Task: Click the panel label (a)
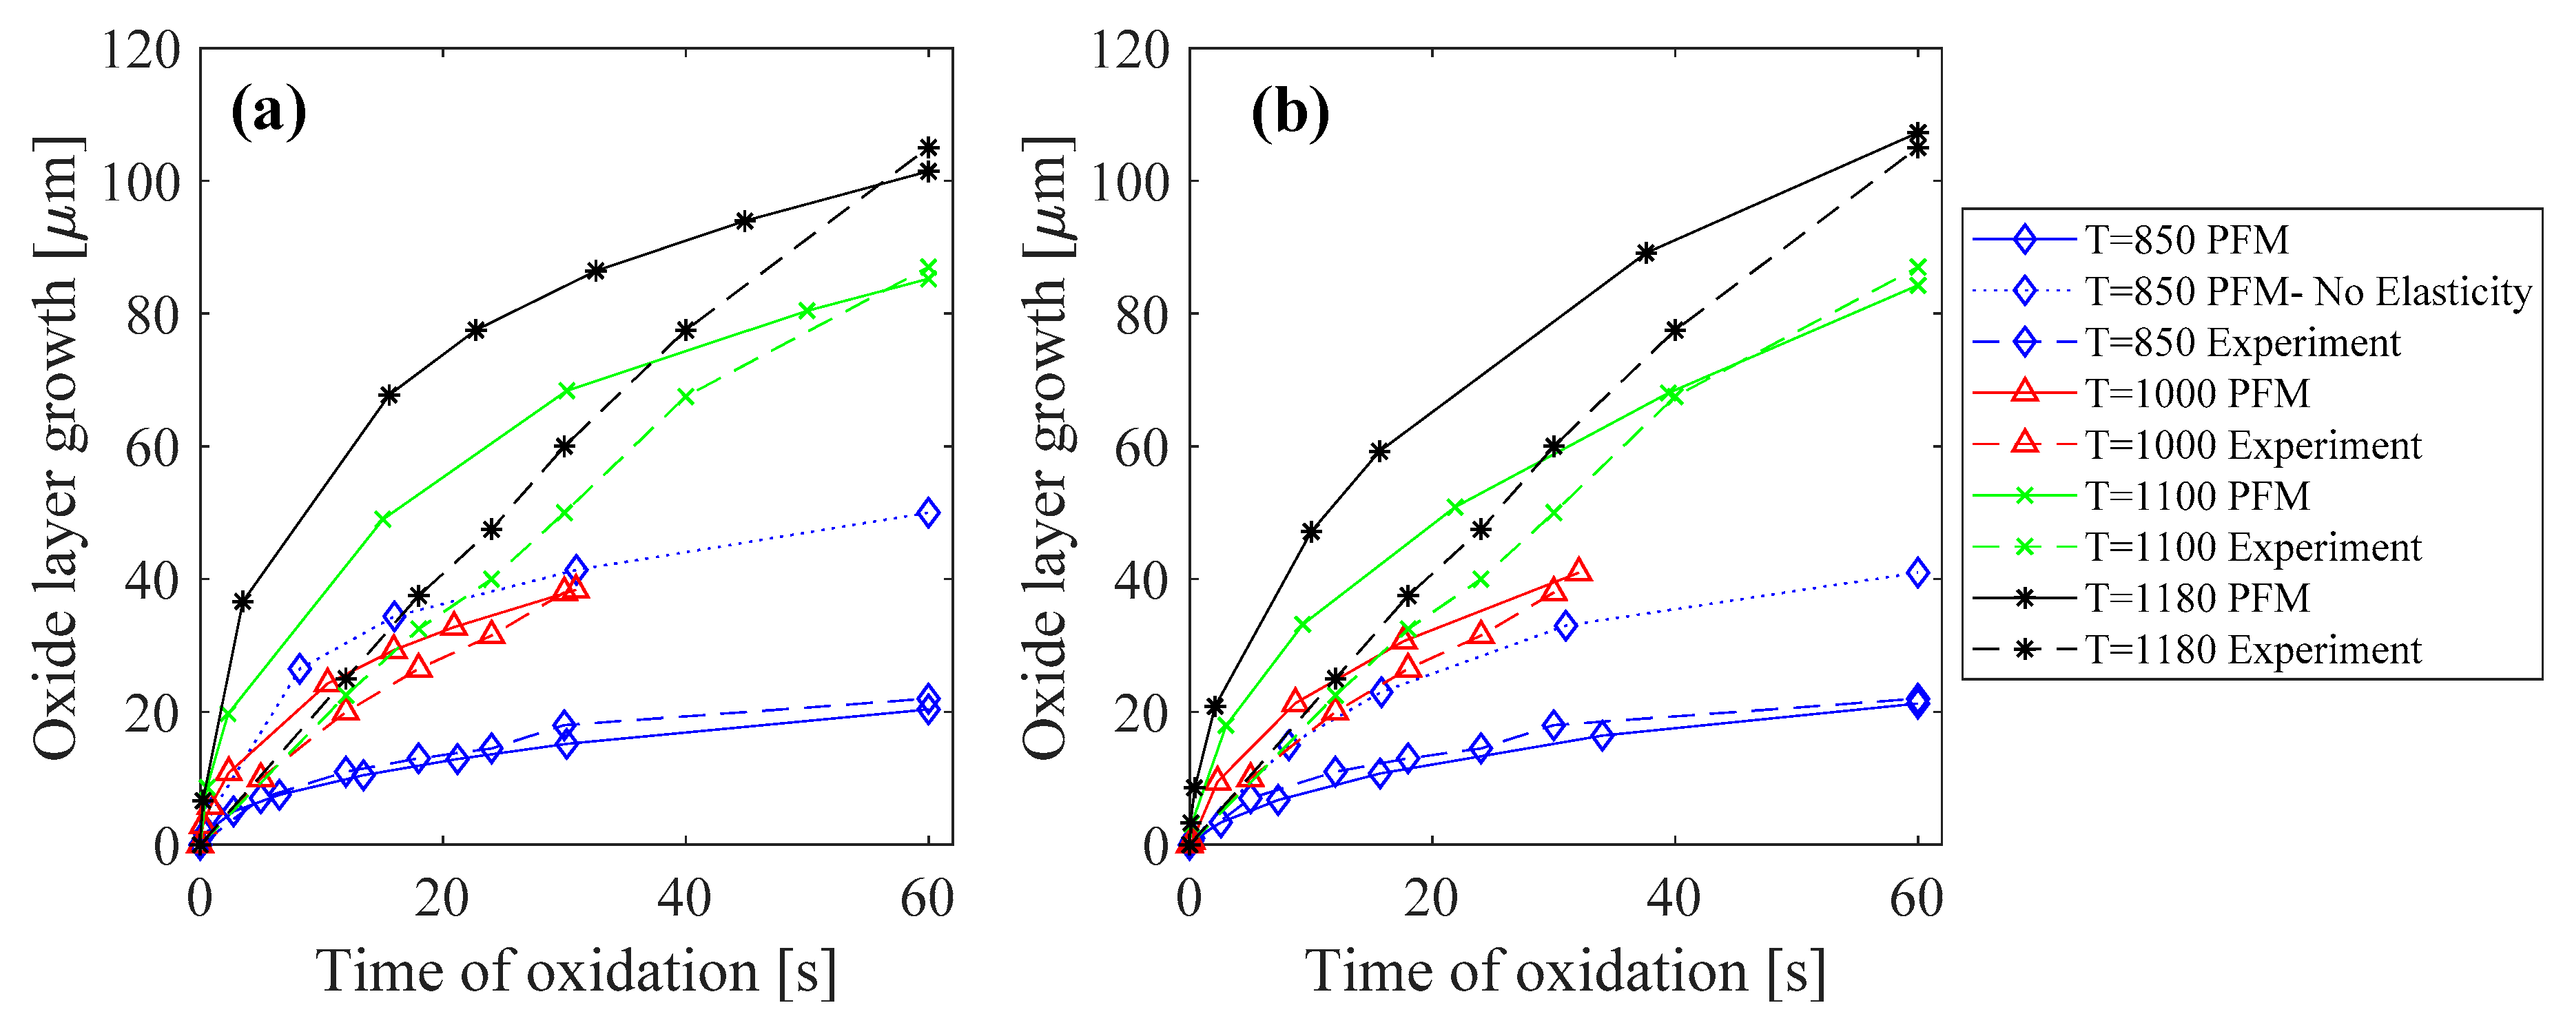click(x=269, y=112)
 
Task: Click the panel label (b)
click(x=1290, y=112)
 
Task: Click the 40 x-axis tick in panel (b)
click(x=1674, y=899)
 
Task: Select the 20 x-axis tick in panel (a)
click(x=442, y=899)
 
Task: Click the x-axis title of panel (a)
click(x=576, y=972)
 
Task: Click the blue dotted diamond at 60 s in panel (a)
click(x=927, y=513)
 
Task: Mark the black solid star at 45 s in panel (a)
click(x=744, y=221)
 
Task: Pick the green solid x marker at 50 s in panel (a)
click(x=807, y=311)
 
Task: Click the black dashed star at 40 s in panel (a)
click(x=686, y=329)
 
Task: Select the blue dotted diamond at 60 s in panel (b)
click(x=1918, y=572)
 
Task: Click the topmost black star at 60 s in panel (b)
click(x=1918, y=132)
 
